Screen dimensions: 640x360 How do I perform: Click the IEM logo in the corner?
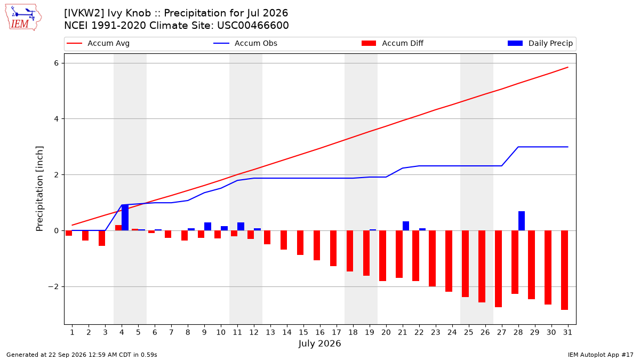[x=23, y=18]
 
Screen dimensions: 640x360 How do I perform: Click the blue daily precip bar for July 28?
[x=522, y=221]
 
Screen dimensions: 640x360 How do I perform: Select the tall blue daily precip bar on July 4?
[x=125, y=218]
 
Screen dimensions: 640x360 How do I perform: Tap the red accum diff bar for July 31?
[x=564, y=270]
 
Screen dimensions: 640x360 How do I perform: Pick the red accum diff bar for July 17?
[x=333, y=249]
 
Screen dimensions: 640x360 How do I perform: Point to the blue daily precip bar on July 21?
[x=406, y=226]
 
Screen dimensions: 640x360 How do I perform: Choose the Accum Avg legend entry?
[x=98, y=43]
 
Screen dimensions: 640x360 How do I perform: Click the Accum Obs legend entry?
[x=245, y=43]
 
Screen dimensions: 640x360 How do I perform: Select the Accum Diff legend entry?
[x=393, y=43]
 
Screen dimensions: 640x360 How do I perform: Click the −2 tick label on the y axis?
[x=53, y=286]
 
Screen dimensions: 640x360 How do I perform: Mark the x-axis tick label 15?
[x=303, y=332]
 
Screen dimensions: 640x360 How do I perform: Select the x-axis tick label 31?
[x=567, y=332]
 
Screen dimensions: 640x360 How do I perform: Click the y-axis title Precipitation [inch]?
[x=39, y=189]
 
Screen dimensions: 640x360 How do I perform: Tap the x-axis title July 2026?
[x=319, y=343]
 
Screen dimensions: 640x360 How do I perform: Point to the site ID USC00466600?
[x=253, y=26]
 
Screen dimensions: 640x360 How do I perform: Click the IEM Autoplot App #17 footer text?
[x=601, y=355]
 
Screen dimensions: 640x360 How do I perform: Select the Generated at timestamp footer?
[x=82, y=355]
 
